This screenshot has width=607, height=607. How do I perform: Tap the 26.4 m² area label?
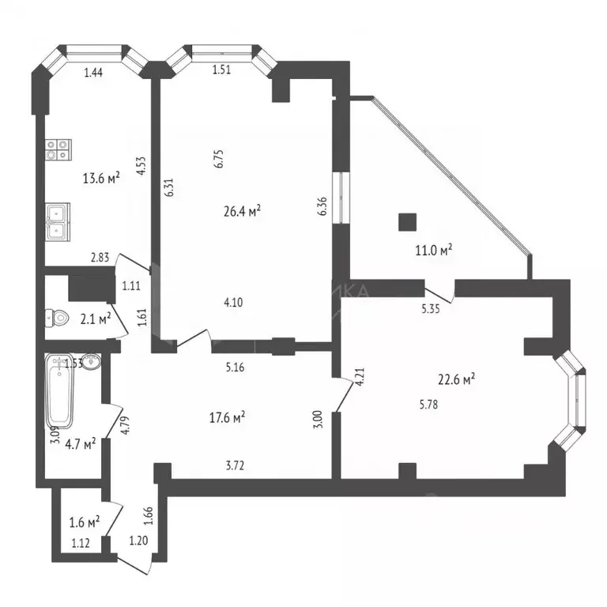(x=243, y=211)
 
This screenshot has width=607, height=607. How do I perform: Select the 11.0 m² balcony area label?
(x=434, y=251)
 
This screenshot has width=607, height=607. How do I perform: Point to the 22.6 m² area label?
(x=456, y=380)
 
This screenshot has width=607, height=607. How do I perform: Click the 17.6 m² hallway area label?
(x=227, y=417)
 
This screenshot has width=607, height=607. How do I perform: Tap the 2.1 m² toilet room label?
(x=94, y=319)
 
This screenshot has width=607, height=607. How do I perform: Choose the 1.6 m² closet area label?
(x=84, y=522)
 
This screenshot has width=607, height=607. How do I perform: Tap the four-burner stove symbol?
(x=58, y=150)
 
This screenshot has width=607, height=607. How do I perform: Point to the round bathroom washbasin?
(x=92, y=364)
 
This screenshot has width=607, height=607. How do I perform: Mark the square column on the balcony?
(x=408, y=221)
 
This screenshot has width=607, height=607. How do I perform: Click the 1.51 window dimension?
(x=222, y=70)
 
